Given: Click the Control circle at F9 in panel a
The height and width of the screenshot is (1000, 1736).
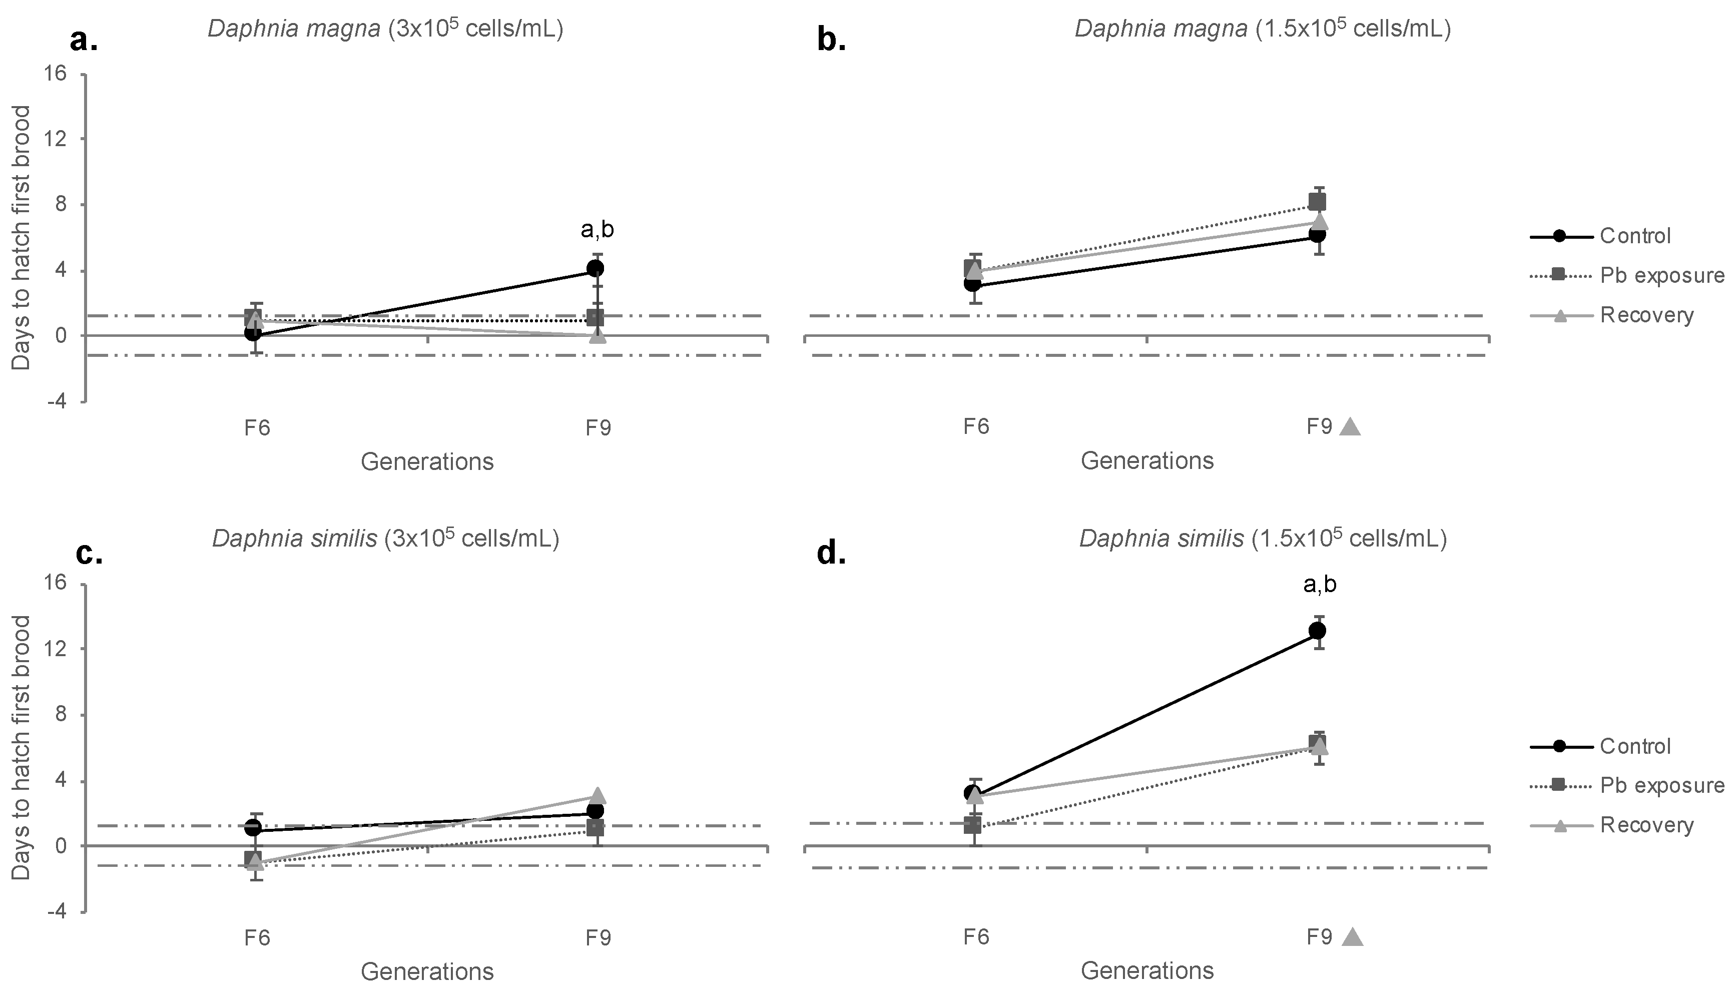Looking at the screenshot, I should pos(596,268).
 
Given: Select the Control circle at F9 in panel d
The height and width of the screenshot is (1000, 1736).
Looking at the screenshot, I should pos(1317,631).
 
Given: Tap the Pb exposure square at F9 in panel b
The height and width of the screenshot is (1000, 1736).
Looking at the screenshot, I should pos(1317,202).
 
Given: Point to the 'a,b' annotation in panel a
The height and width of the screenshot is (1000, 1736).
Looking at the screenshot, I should pos(597,230).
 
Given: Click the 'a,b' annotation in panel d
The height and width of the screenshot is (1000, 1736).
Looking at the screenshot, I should pos(1319,585).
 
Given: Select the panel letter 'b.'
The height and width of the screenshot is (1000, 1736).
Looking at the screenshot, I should pos(831,41).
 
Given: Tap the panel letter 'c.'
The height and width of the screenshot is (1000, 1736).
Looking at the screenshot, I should pos(89,553).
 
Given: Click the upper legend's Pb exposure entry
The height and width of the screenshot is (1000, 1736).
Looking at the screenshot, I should pos(1662,275).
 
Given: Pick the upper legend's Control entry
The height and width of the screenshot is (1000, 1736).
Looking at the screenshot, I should pos(1634,236).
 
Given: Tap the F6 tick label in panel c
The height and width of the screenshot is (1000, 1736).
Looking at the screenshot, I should pos(257,937).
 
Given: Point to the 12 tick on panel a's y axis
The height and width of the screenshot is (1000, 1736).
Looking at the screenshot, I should pos(58,138).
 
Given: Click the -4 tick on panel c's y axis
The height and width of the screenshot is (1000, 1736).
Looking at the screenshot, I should pos(58,911).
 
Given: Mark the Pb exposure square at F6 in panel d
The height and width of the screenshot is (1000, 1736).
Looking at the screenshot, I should pos(972,824).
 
